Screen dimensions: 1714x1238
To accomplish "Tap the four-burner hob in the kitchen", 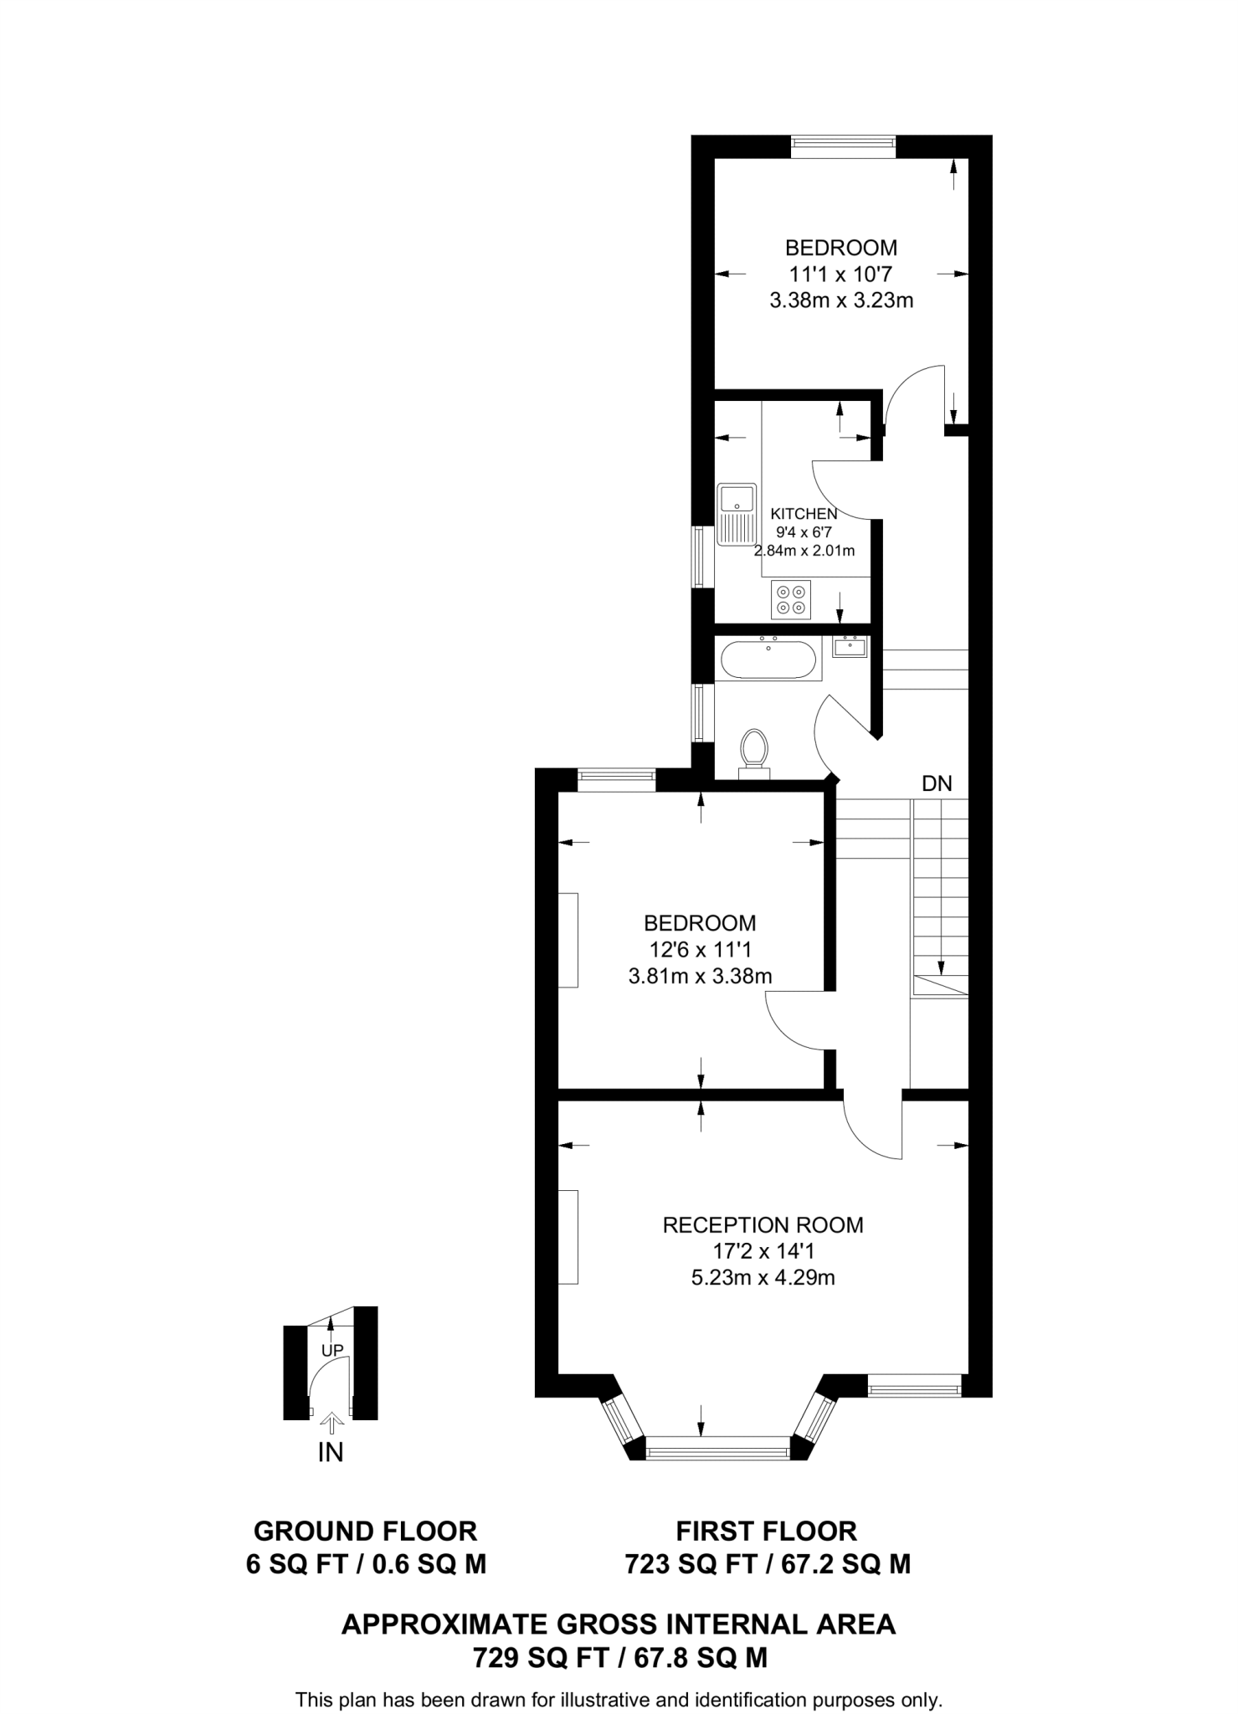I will [791, 599].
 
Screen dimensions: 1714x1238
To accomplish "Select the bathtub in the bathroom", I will [768, 659].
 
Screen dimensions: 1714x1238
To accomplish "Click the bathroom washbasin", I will [850, 646].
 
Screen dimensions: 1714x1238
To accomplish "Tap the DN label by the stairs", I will [937, 784].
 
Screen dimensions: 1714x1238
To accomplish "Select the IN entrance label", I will [331, 1453].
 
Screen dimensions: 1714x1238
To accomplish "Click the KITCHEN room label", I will [804, 514].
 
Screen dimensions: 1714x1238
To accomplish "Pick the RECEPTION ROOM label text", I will [763, 1225].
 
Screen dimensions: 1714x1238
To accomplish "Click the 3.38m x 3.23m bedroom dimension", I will [841, 300].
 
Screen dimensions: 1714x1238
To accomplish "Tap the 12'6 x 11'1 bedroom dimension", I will [701, 949].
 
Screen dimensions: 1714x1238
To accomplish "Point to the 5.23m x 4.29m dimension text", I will [763, 1277].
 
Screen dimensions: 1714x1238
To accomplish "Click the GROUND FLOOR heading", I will [365, 1531].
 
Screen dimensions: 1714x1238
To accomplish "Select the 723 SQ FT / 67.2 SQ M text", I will [767, 1563].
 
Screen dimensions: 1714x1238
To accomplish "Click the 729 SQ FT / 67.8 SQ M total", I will [619, 1657].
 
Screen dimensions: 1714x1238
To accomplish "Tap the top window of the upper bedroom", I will [843, 146].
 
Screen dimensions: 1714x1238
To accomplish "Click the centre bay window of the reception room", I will [718, 1447].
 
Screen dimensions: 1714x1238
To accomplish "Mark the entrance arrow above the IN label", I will [331, 1421].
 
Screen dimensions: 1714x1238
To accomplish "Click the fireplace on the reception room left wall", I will [569, 1236].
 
